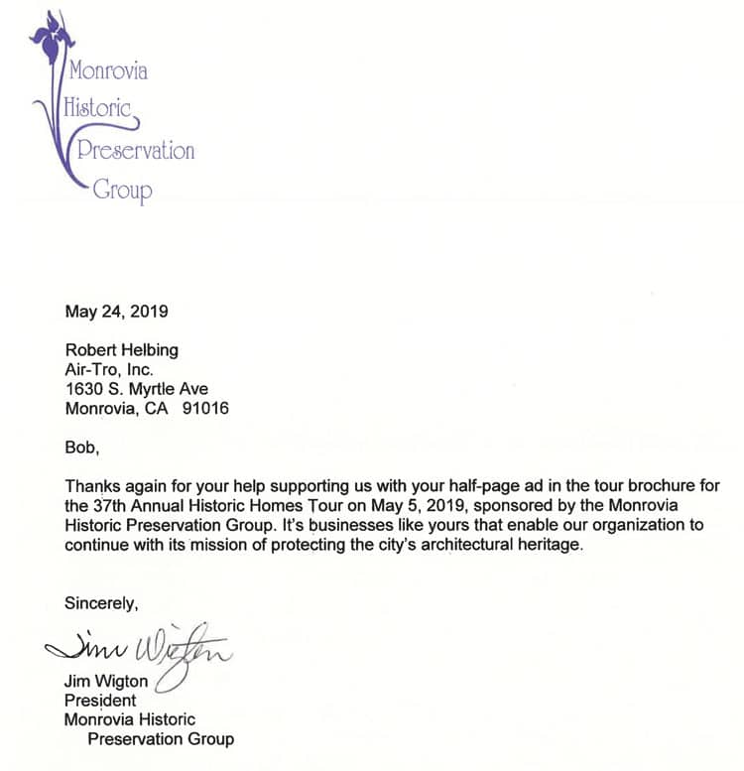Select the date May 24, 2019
116,312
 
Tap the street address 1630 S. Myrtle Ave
136,388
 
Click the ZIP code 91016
205,408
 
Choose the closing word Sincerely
101,602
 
